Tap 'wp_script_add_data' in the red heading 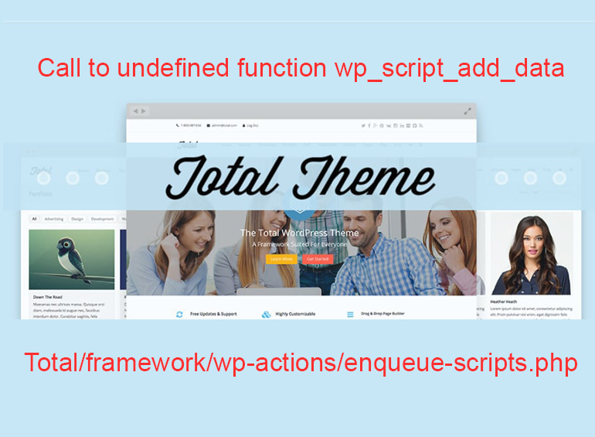[x=449, y=68]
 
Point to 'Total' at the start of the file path [x=53, y=362]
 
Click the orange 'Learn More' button [x=281, y=259]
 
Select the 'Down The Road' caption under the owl [x=48, y=297]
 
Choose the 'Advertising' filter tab [x=54, y=219]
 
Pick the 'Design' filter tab [x=77, y=219]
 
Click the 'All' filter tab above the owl [x=34, y=219]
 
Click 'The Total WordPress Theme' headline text [x=300, y=233]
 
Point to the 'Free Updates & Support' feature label [x=212, y=314]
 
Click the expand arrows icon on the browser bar [x=467, y=111]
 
